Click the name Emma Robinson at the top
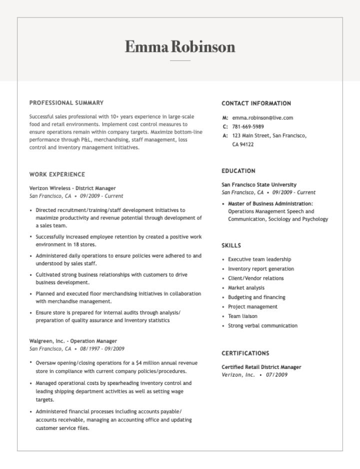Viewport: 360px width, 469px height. click(x=180, y=46)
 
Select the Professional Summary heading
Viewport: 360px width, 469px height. click(x=66, y=103)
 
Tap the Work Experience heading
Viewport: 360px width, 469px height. click(x=57, y=174)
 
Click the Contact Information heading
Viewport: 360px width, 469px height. click(x=256, y=103)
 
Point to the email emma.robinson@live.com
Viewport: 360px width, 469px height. click(x=262, y=118)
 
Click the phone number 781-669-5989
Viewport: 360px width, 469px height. click(x=248, y=126)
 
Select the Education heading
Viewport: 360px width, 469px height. click(x=238, y=171)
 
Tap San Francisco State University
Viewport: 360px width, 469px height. click(x=259, y=184)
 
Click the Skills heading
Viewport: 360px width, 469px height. click(x=231, y=245)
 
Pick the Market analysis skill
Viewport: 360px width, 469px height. click(x=246, y=288)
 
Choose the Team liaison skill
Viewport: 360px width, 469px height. click(x=242, y=316)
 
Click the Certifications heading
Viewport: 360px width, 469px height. click(x=245, y=353)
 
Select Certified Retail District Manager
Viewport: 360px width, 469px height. click(x=261, y=367)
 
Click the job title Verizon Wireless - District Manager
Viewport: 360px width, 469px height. click(x=72, y=188)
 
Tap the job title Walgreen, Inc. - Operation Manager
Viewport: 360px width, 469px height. click(x=73, y=341)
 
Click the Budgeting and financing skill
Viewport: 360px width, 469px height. click(x=256, y=297)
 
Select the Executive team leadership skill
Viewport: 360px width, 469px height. click(x=259, y=259)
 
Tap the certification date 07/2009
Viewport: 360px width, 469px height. click(x=276, y=375)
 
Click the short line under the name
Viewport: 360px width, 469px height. click(x=180, y=60)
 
